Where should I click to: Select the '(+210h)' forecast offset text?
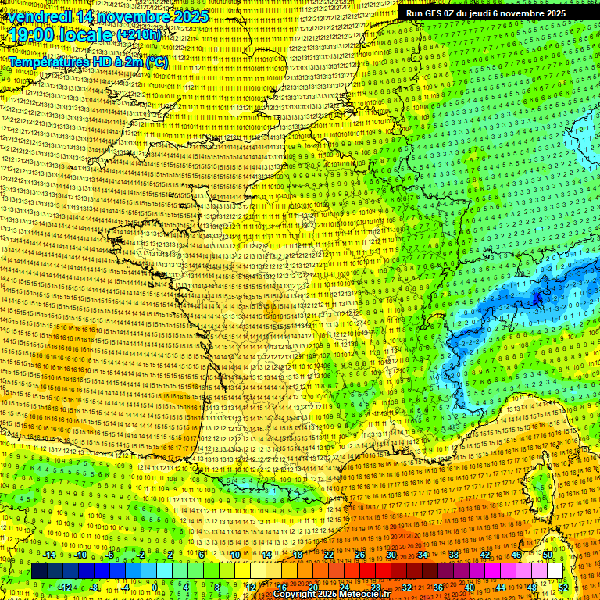(139, 36)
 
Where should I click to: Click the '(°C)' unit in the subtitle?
(156, 61)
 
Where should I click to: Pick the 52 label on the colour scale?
(563, 587)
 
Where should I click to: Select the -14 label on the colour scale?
(48, 555)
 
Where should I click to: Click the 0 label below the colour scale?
(155, 587)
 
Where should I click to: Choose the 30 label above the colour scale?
(391, 555)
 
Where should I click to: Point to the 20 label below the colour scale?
(313, 587)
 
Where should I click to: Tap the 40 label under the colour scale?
(470, 587)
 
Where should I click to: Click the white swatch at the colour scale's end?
(555, 571)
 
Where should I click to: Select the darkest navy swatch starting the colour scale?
(39, 571)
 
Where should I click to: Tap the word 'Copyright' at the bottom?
(296, 595)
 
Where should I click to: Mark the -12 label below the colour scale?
(65, 587)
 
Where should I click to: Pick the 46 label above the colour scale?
(516, 555)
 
